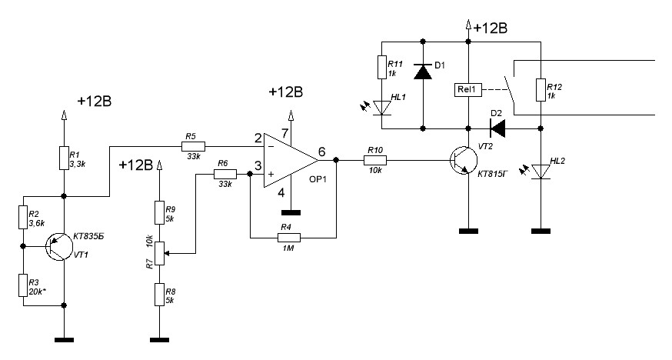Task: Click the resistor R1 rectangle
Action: tap(63, 158)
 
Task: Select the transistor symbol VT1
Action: tap(59, 246)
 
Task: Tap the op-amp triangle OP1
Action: tap(291, 160)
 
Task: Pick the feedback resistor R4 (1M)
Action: tap(289, 238)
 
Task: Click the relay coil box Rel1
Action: tap(467, 89)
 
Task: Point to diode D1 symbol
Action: tap(423, 71)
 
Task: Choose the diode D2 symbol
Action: tap(497, 128)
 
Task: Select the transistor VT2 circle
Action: tap(464, 160)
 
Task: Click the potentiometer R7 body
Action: tap(159, 253)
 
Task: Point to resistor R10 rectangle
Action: tap(375, 160)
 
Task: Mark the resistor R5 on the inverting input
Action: tap(193, 147)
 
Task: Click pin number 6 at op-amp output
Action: tap(322, 152)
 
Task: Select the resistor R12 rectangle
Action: tap(541, 89)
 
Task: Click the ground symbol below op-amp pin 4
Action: tap(291, 212)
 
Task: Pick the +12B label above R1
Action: tap(95, 102)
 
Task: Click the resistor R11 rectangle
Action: tap(382, 67)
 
